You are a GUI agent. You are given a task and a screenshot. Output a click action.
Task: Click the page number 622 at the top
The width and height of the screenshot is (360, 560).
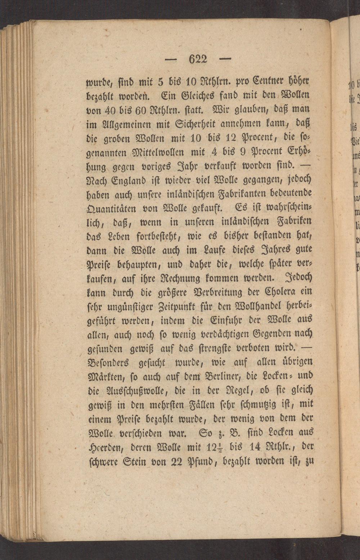click(198, 59)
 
